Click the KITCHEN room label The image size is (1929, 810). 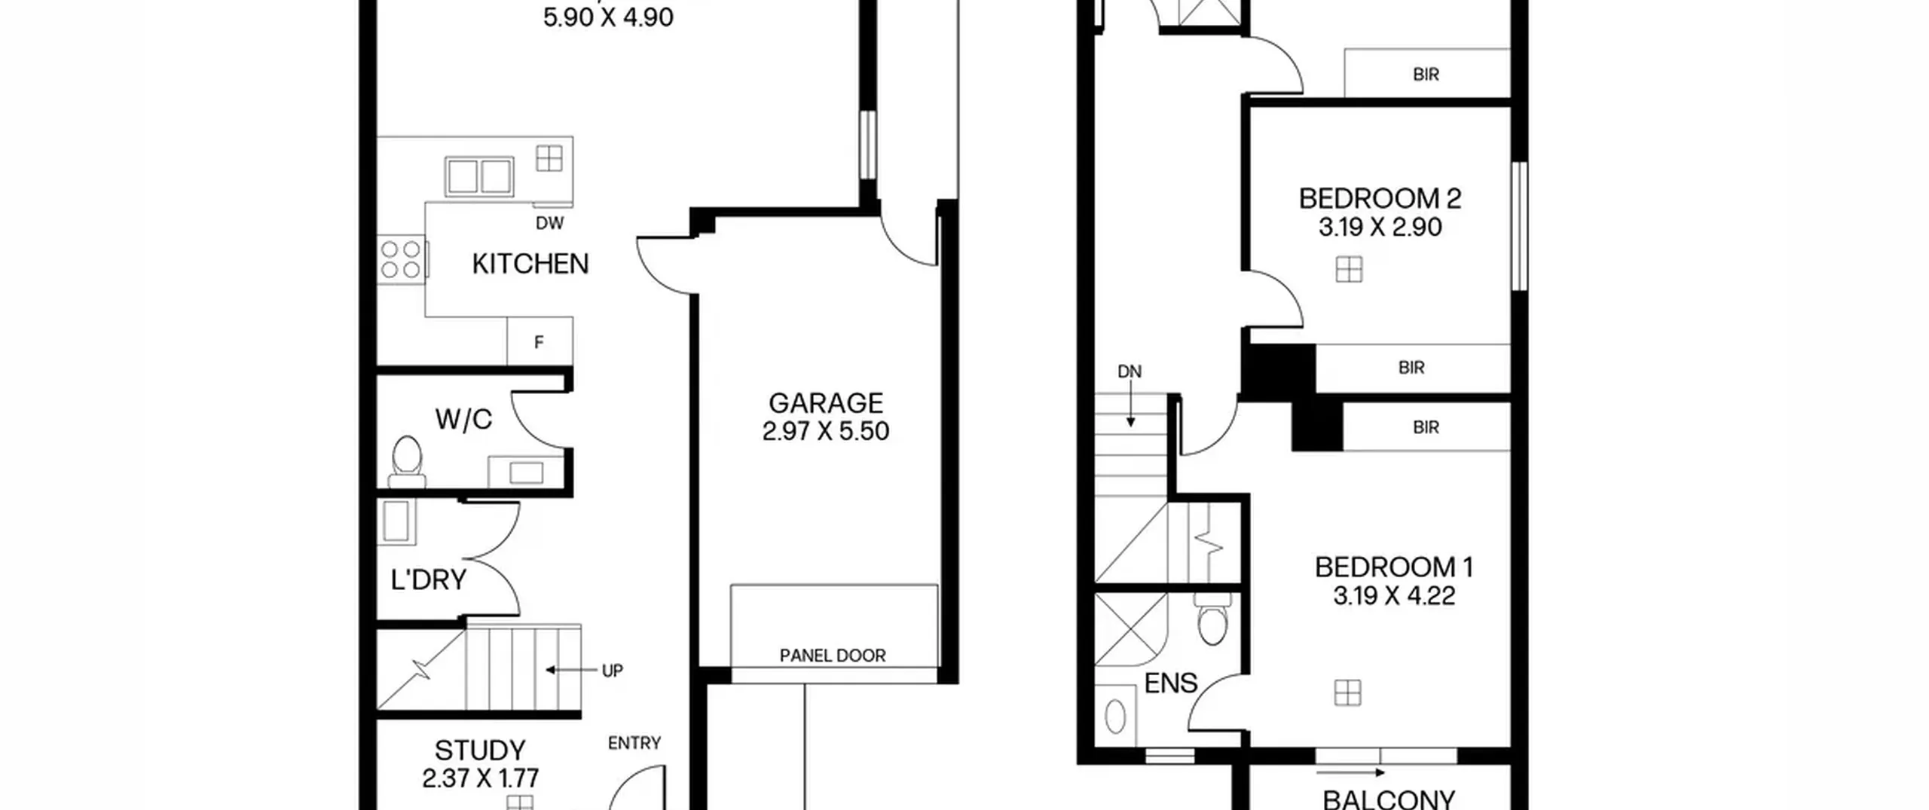pos(530,264)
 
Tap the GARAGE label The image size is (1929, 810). pos(826,403)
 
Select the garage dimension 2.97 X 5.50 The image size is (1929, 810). pos(826,431)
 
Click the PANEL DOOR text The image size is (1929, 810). pos(833,656)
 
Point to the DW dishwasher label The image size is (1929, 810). pos(549,223)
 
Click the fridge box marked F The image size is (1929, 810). pos(540,341)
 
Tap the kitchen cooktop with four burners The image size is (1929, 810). pos(402,259)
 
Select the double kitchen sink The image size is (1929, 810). pos(479,177)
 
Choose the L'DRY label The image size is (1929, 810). pos(429,579)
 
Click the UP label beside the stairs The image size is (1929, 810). pos(612,671)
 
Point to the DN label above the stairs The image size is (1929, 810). pos(1130,371)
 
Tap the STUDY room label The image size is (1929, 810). pos(480,750)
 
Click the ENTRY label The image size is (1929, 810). pos(634,744)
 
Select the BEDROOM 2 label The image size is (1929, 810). pos(1380,199)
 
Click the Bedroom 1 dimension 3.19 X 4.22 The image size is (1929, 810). pos(1394,596)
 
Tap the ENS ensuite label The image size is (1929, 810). pos(1171,683)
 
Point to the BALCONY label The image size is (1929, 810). pos(1389,799)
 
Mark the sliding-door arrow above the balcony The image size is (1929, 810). pos(1350,772)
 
